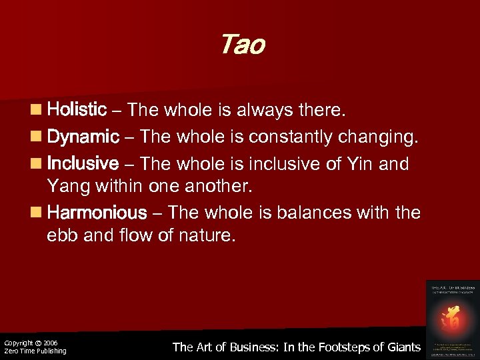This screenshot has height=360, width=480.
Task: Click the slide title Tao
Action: (x=241, y=45)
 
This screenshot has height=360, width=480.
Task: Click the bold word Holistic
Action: (x=77, y=109)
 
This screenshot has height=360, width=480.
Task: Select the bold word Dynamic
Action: (x=83, y=137)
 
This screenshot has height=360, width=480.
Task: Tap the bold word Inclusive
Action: (x=83, y=163)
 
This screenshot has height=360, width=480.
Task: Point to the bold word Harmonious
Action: (x=97, y=213)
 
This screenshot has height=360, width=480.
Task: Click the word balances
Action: (x=317, y=213)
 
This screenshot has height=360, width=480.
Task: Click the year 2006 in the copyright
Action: (x=51, y=343)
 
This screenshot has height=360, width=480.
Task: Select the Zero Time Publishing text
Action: (x=35, y=351)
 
